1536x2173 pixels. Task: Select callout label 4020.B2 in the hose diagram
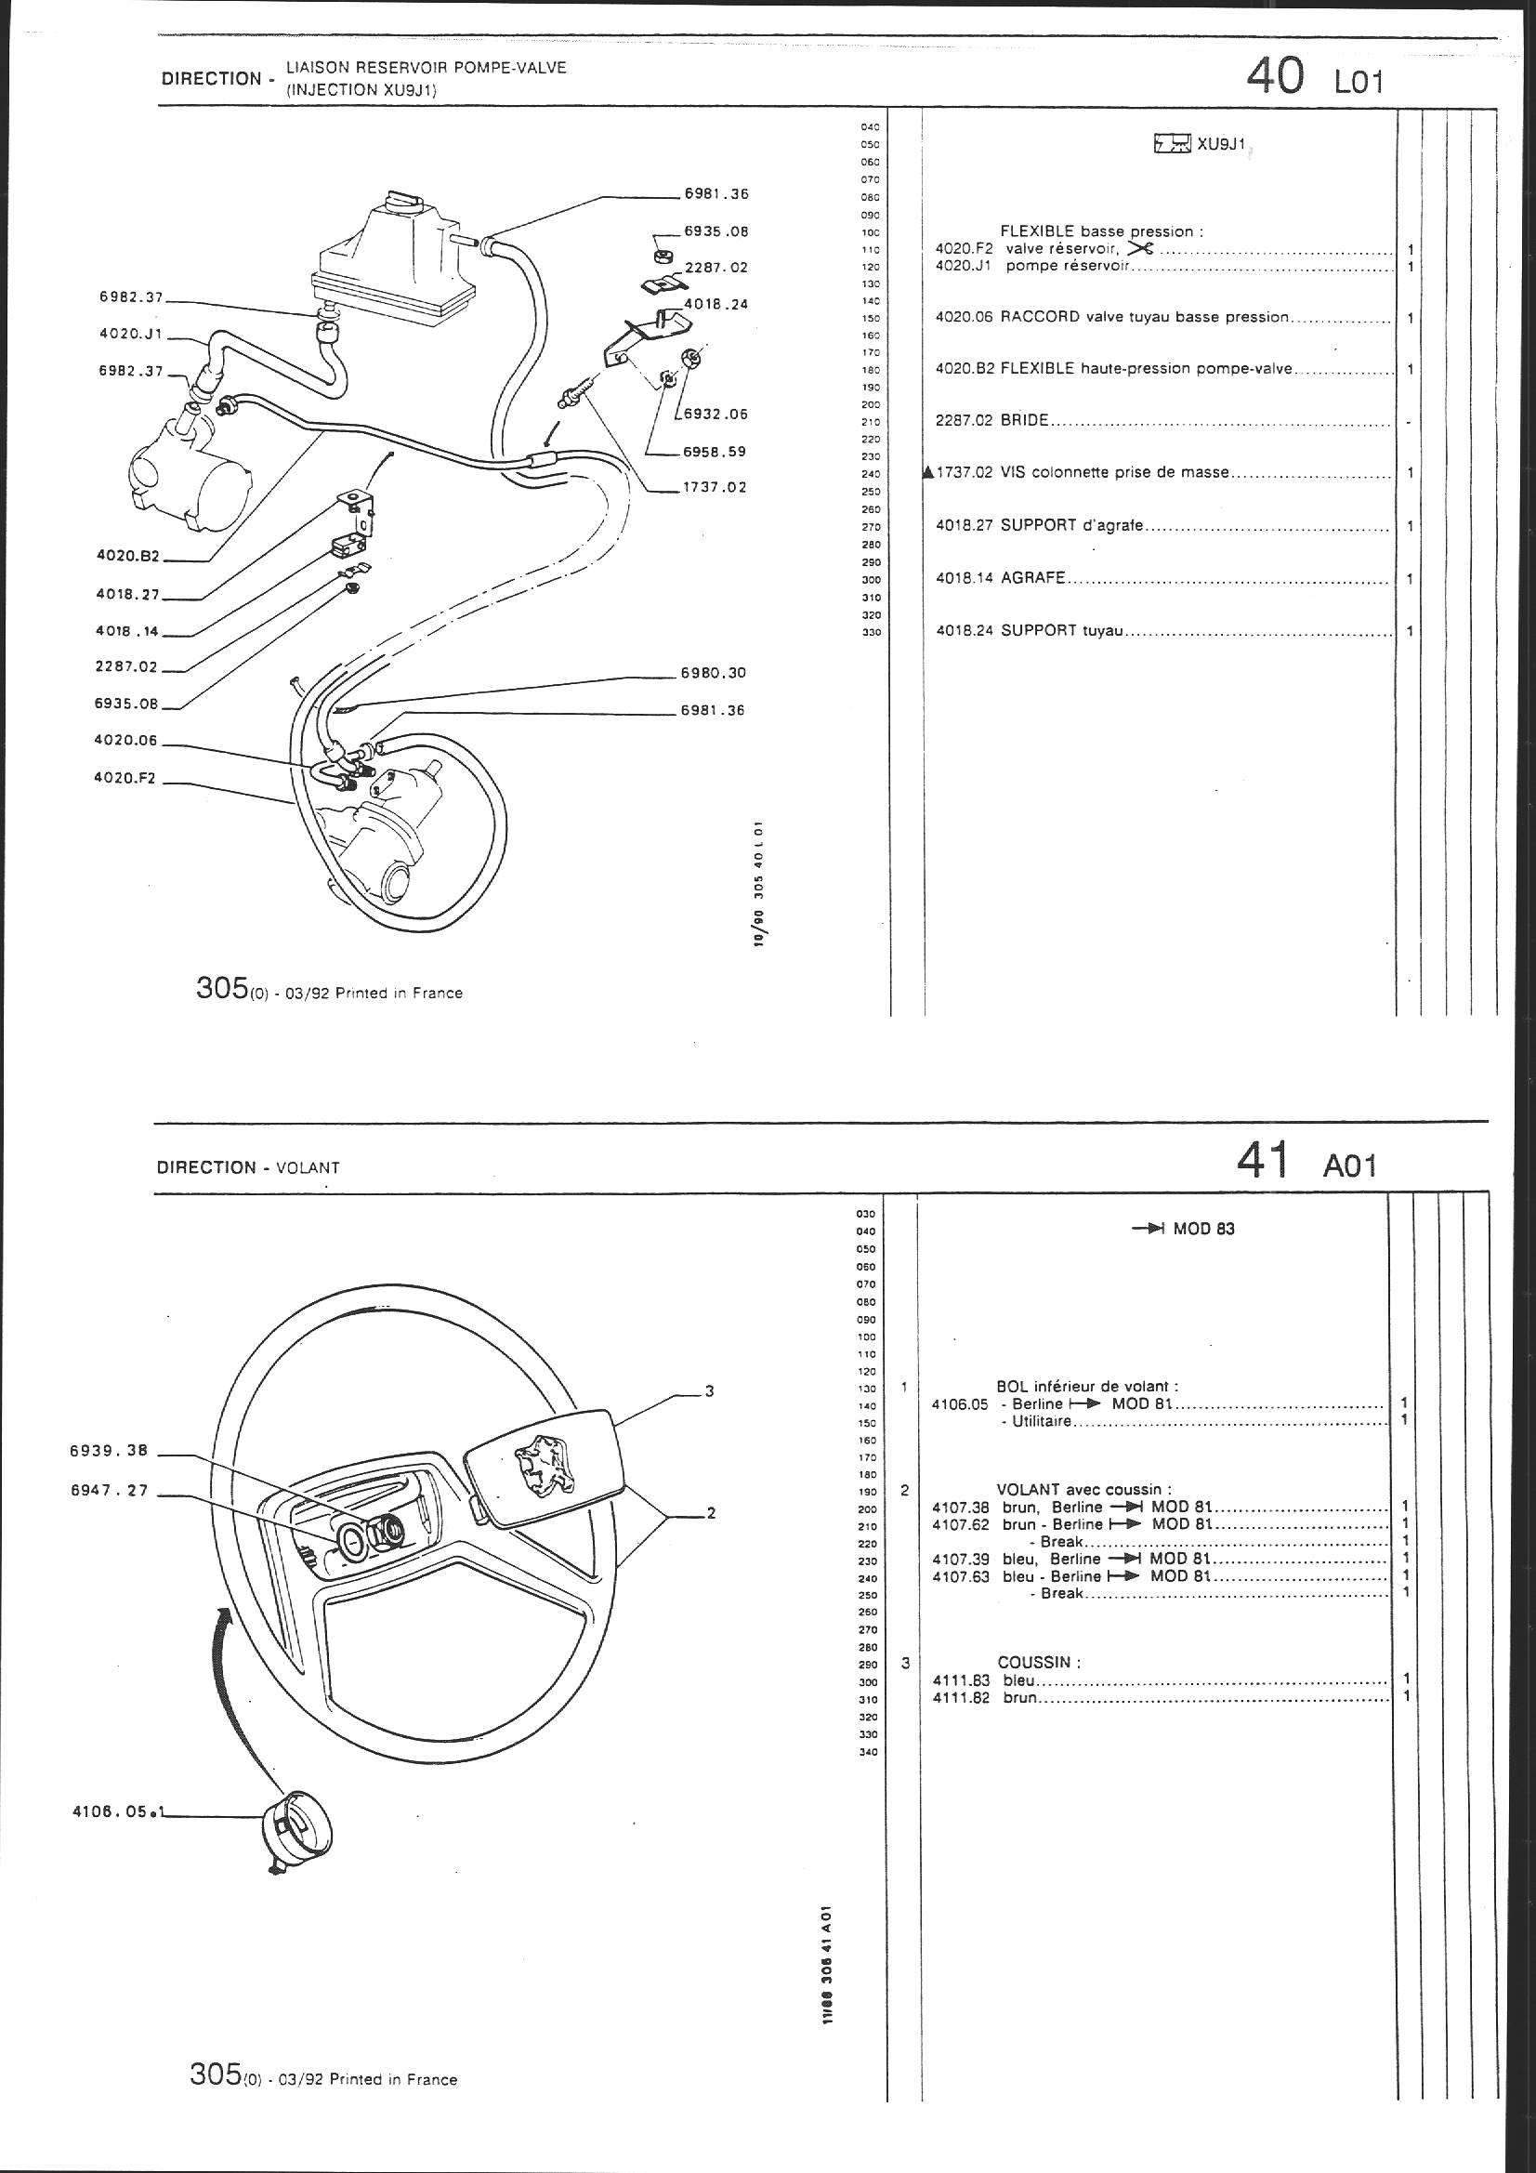point(127,557)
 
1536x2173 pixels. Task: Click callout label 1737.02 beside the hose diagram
point(714,488)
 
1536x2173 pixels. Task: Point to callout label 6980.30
point(713,673)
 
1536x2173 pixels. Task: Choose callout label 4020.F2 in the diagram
point(125,779)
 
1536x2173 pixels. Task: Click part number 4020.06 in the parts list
point(964,318)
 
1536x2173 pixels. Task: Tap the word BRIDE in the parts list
point(1024,421)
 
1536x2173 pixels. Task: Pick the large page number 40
point(1275,75)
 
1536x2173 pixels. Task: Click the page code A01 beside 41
point(1348,1166)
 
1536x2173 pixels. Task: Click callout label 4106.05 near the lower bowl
point(111,1811)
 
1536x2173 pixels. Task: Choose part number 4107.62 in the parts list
point(961,1524)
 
